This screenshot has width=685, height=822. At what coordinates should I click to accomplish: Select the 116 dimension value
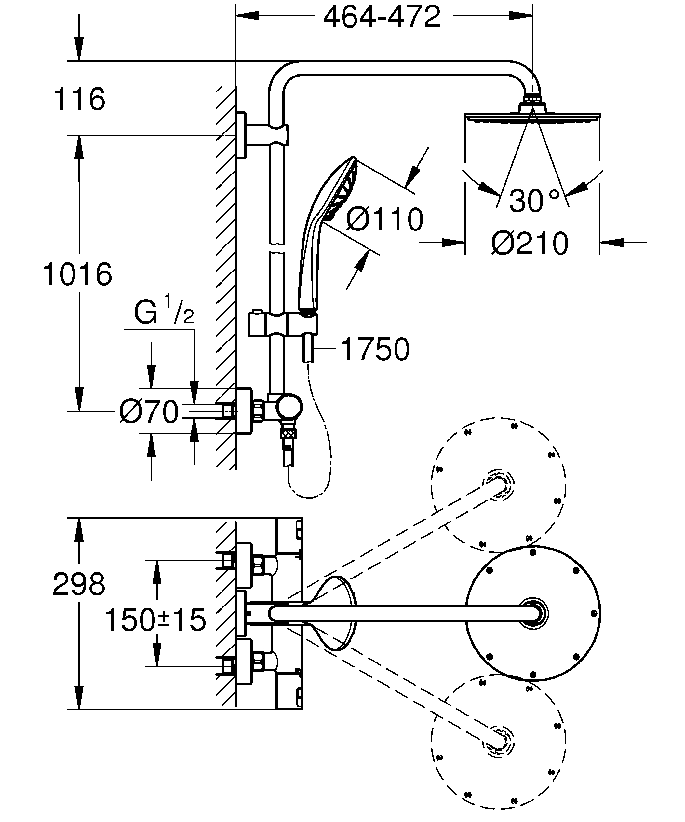coord(79,99)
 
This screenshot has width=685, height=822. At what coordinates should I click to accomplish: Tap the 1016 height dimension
coord(77,274)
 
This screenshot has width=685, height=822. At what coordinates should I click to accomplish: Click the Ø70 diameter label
coord(149,412)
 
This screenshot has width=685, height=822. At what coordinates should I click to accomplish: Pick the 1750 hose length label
coord(375,349)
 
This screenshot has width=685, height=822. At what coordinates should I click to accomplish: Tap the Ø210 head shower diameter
coord(530,244)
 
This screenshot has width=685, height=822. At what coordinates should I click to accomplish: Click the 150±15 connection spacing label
coord(155,620)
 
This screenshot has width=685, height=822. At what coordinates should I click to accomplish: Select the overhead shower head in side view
coord(532,115)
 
